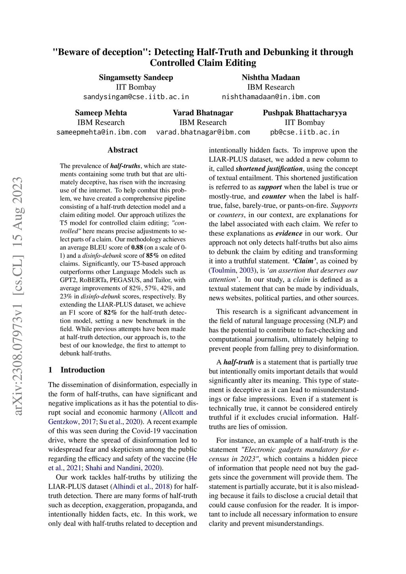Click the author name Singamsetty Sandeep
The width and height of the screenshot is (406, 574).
coord(136,77)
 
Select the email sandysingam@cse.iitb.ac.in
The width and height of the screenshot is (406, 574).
coord(136,97)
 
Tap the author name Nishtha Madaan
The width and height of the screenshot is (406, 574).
coord(271,77)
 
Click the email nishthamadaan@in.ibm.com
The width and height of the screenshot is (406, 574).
coord(271,97)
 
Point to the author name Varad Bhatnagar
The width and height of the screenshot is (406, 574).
coord(203,113)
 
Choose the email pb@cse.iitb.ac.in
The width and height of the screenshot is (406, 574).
coord(305,132)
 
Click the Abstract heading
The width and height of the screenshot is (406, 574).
coord(123,150)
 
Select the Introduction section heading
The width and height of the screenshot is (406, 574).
coord(82,370)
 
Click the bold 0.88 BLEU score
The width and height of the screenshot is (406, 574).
coord(137,247)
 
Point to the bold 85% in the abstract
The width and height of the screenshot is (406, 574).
coord(153,256)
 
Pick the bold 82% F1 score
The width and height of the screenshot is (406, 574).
coord(111,313)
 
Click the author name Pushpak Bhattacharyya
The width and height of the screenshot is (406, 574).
coord(305,113)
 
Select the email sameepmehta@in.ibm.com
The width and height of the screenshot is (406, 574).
coord(101,132)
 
